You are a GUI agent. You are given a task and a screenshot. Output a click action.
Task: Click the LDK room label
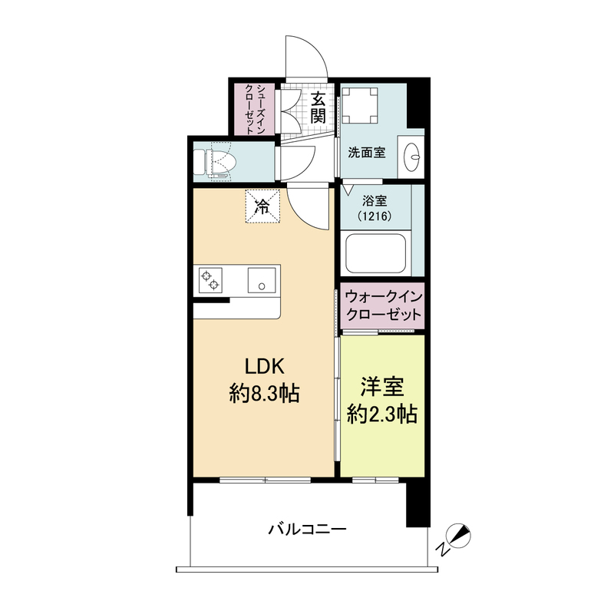264,367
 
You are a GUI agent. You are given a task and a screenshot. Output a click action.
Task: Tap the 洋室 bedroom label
382,387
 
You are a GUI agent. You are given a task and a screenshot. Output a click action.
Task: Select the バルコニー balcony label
308,530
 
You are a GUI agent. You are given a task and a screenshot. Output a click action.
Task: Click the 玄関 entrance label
318,107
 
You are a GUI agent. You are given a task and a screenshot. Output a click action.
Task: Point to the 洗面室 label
367,152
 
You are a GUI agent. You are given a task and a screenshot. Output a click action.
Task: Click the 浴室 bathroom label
375,201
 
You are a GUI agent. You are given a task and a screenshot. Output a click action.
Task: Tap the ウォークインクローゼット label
384,305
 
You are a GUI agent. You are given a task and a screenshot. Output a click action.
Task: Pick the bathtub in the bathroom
376,253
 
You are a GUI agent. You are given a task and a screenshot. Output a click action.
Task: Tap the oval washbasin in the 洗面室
411,157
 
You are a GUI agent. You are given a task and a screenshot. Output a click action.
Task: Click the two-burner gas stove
210,280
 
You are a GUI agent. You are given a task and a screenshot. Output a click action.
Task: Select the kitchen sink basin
262,280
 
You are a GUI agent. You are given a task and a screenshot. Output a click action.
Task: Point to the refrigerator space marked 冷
262,206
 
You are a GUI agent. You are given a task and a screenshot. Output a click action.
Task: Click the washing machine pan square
360,106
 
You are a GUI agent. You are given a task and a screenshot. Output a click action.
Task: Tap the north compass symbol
455,540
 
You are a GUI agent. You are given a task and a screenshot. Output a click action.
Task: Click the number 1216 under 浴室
375,216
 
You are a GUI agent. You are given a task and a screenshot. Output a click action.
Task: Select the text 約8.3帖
265,394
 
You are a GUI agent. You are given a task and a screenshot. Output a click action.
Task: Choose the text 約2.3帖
382,414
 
